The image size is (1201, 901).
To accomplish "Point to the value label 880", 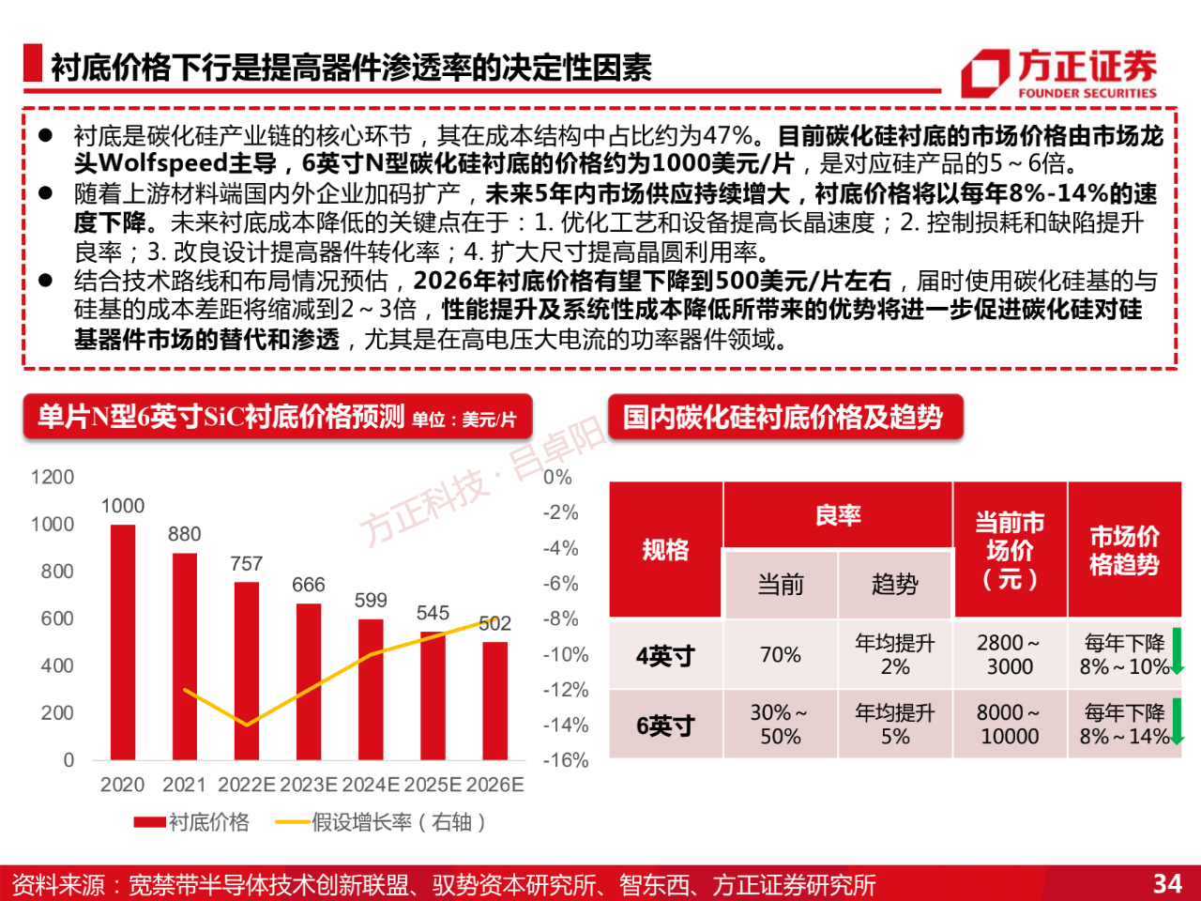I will click(x=185, y=534).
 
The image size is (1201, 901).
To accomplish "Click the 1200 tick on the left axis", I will click(x=53, y=477).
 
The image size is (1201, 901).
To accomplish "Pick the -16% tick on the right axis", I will click(x=566, y=760).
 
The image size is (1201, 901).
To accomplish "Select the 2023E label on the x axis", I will click(x=309, y=785).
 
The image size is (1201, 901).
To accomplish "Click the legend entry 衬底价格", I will click(x=191, y=822).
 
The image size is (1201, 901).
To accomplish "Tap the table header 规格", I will click(x=665, y=550).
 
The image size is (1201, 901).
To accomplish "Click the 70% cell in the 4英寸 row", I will click(x=781, y=655).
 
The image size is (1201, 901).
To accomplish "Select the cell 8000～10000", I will click(x=1010, y=725).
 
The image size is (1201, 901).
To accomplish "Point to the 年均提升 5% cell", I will click(x=895, y=725).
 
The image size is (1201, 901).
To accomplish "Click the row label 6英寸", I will click(x=665, y=725).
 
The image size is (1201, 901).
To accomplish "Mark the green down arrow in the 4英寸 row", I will click(x=1177, y=651).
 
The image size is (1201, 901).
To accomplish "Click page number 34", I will click(x=1167, y=883).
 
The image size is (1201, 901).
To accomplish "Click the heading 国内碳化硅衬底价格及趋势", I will click(x=783, y=417).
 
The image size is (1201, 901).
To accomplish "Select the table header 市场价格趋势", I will click(x=1124, y=550).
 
